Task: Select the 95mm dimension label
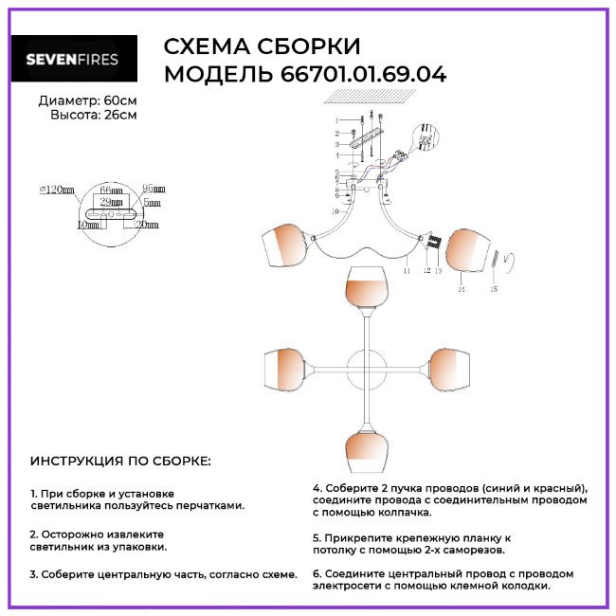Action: (152, 190)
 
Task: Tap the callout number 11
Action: (406, 271)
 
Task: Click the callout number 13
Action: (439, 271)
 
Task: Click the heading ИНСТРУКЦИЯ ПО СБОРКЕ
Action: (121, 462)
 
